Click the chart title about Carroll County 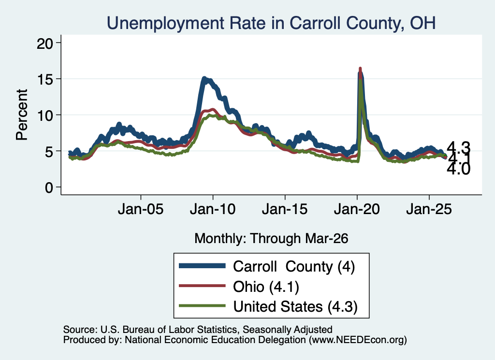tap(271, 23)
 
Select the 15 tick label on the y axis tap(44, 79)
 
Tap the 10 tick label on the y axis tap(44, 115)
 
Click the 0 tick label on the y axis tap(49, 187)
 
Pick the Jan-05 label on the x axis tap(141, 209)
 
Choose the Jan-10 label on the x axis tap(213, 209)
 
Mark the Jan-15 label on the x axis tap(285, 209)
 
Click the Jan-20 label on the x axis tap(357, 209)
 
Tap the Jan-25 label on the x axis tap(429, 209)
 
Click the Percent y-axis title tap(22, 115)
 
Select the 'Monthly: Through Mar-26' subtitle tap(271, 239)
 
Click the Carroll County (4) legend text tap(294, 267)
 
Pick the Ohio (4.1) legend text tap(266, 287)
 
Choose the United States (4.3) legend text tap(295, 307)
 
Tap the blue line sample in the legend tap(202, 266)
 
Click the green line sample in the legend tap(202, 306)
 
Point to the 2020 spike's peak tap(360, 68)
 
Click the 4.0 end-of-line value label tap(458, 169)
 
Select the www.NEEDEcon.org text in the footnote tap(356, 340)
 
